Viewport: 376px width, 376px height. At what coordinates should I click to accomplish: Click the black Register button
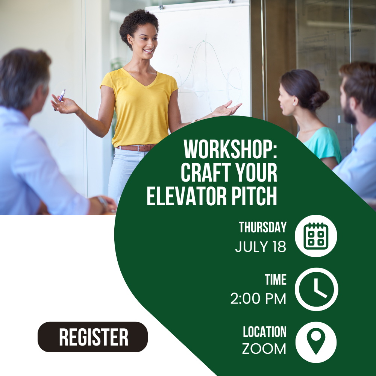pyautogui.click(x=92, y=337)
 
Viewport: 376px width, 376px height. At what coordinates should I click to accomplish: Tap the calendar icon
pyautogui.click(x=316, y=236)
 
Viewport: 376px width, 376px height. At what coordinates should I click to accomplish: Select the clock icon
pyautogui.click(x=316, y=289)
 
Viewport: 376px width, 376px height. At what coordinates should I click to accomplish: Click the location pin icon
pyautogui.click(x=316, y=342)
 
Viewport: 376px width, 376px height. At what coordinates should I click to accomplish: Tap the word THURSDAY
pyautogui.click(x=262, y=227)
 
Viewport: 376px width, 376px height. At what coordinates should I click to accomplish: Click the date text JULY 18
pyautogui.click(x=261, y=247)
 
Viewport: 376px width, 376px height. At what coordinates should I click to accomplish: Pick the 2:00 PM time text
pyautogui.click(x=258, y=299)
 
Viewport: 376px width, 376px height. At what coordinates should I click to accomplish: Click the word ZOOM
pyautogui.click(x=264, y=349)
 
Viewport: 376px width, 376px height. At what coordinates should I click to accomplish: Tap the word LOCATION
pyautogui.click(x=264, y=332)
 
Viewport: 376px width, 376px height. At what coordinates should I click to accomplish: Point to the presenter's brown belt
pyautogui.click(x=136, y=148)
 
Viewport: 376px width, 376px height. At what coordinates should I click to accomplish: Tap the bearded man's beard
pyautogui.click(x=349, y=113)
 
